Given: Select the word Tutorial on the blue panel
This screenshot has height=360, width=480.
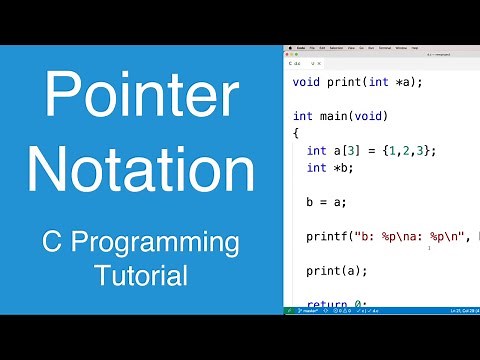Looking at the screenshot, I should point(139,273).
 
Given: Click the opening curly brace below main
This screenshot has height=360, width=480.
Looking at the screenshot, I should point(296,133).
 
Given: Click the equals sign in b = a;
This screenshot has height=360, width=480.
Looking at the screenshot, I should point(325,201).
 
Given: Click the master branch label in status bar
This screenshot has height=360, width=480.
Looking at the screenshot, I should point(302,311).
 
